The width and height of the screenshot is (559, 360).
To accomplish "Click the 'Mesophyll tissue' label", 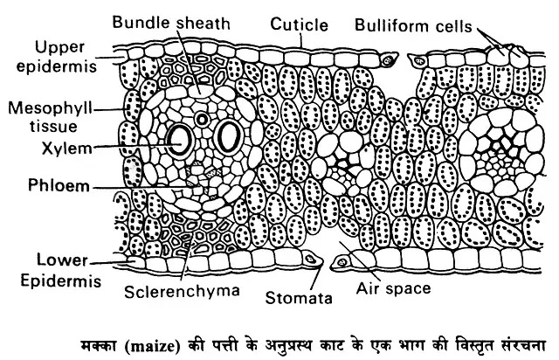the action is click(39, 117).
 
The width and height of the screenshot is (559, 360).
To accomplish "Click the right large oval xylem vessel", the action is click(229, 136).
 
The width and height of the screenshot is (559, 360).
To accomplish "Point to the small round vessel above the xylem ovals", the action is click(204, 117).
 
